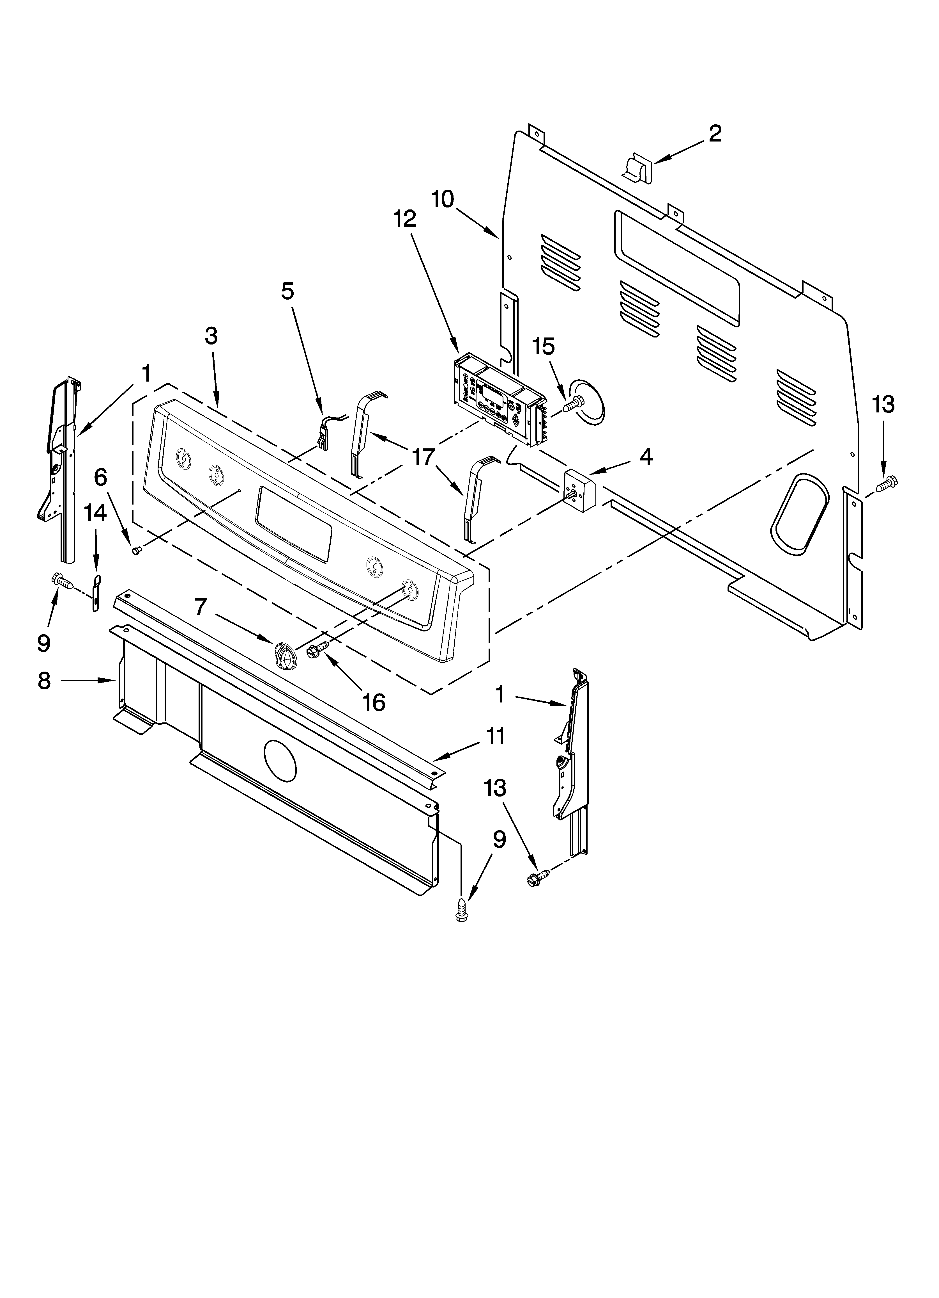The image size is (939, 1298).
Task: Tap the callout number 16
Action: (374, 702)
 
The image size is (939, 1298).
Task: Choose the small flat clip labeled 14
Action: (96, 594)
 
